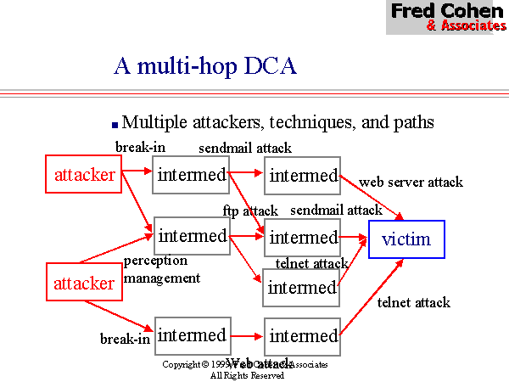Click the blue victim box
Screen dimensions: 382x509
406,239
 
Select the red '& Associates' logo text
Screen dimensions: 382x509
466,25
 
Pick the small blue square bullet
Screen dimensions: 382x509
115,124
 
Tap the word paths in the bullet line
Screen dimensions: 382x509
412,122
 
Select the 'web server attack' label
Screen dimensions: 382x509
411,182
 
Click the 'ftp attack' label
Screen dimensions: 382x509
250,210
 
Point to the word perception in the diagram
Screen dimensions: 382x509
155,261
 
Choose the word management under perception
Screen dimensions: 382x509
162,277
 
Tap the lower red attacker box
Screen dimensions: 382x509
84,283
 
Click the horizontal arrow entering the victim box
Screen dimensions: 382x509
354,239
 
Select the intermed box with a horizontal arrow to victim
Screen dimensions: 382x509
302,238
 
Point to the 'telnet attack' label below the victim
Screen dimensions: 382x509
413,302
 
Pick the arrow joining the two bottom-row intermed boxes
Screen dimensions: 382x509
247,336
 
